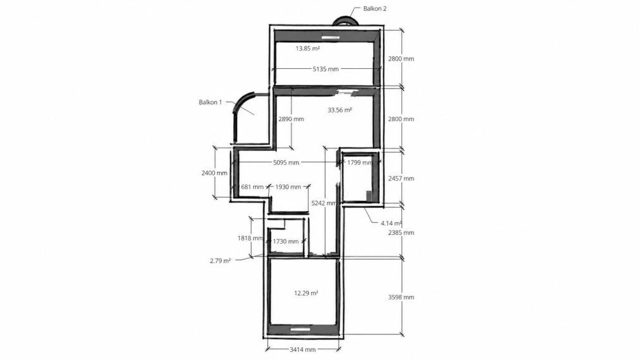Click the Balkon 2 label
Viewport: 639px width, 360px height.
[x=375, y=9]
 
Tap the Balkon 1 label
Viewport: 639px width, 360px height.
[x=210, y=102]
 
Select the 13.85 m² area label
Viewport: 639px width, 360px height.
[x=307, y=48]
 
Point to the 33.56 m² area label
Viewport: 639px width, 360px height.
[x=339, y=109]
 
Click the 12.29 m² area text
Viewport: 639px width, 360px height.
[x=306, y=293]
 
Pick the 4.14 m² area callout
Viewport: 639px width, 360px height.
[x=391, y=223]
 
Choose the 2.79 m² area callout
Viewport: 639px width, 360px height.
[x=220, y=261]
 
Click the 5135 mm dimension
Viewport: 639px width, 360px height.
[x=326, y=69]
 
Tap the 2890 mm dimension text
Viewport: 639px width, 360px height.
[x=291, y=119]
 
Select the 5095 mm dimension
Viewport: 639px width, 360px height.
[x=286, y=162]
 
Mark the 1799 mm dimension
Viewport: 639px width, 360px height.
[x=360, y=162]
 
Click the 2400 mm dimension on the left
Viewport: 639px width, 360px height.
[x=214, y=172]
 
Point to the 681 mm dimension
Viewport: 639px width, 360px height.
[x=252, y=187]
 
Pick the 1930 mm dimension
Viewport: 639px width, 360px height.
[x=288, y=187]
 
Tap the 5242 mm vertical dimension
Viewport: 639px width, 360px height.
[x=324, y=203]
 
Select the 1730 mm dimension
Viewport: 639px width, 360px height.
[x=285, y=241]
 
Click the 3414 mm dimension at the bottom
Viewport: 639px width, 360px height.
[x=303, y=349]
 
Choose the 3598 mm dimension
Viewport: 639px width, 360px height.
[x=401, y=297]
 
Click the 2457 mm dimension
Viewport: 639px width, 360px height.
[x=401, y=178]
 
